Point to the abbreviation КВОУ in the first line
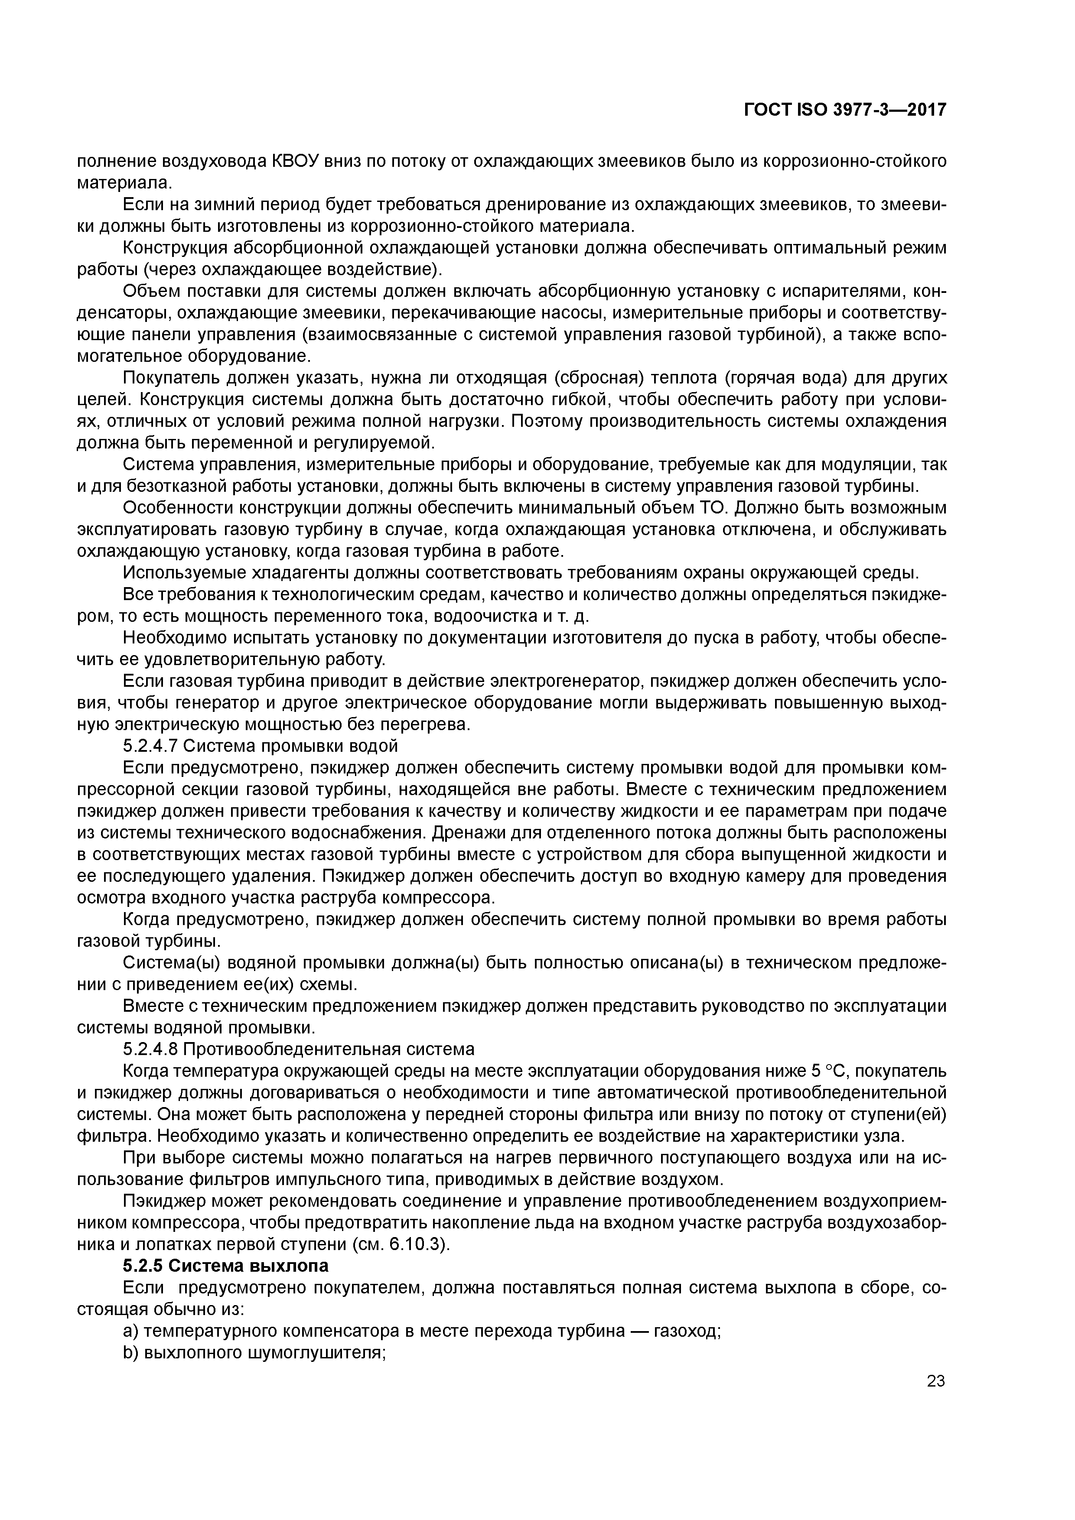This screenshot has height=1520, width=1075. coord(296,161)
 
